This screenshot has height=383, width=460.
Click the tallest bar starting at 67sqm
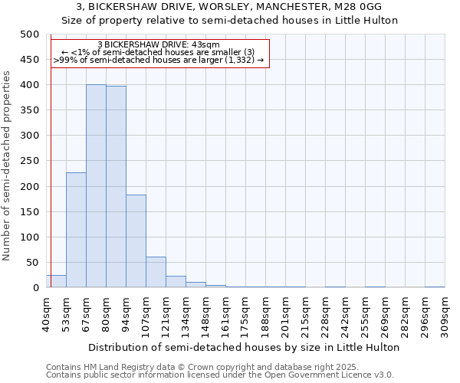click(96, 186)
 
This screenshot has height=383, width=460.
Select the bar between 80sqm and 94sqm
click(116, 187)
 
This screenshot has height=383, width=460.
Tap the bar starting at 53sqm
click(76, 230)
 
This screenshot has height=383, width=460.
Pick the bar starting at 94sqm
click(136, 241)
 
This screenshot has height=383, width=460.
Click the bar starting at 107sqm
click(156, 272)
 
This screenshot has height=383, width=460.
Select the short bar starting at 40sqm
click(57, 281)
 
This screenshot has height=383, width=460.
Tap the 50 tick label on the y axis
click(32, 263)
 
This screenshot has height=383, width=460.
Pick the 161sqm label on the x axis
click(226, 314)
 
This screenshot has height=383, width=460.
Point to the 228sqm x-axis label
click(326, 314)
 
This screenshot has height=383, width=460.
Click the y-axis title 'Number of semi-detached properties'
click(7, 165)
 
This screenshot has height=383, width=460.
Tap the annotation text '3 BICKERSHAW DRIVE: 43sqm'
click(159, 45)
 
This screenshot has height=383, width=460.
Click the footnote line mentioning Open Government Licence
click(220, 375)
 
